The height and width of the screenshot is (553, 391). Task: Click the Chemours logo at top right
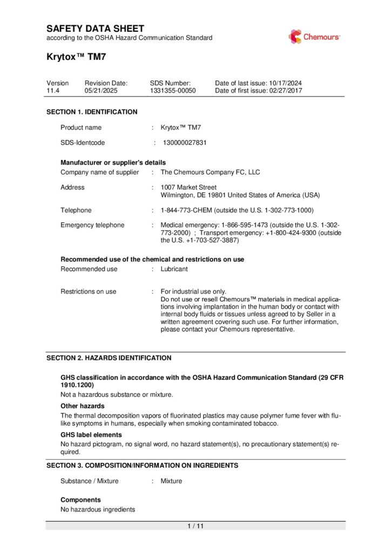314,37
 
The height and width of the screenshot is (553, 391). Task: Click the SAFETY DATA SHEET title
95,28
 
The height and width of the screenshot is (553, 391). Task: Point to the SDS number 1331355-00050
173,91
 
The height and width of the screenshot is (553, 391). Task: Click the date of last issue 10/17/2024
285,83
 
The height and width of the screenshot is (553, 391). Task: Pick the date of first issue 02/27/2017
285,91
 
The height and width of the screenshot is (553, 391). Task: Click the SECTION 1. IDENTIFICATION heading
92,112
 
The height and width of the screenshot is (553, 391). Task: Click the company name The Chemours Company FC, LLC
210,172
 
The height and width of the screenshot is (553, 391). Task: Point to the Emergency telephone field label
92,225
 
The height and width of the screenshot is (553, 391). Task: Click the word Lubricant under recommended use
174,269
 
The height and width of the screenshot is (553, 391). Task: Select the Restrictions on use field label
88,292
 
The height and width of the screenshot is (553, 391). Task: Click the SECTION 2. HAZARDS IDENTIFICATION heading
109,358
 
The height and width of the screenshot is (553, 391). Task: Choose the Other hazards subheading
82,406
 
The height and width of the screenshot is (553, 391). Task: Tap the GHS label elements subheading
91,435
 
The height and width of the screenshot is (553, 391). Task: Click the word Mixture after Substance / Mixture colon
171,481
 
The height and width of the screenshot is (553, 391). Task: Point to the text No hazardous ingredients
98,509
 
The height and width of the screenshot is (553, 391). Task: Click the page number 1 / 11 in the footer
195,526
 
